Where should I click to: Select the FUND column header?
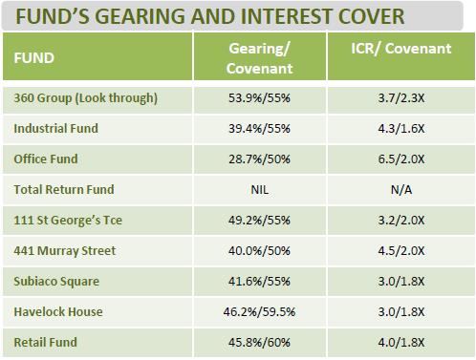pos(34,57)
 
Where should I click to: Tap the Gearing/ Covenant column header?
pos(260,57)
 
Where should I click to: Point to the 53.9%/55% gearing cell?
pos(260,97)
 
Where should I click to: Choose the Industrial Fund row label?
pos(55,128)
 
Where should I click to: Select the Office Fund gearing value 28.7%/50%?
pos(260,159)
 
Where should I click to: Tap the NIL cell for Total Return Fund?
pos(260,189)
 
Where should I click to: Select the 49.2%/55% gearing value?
pos(260,220)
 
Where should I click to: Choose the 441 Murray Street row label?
pos(64,251)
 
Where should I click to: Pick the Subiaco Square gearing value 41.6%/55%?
pos(260,282)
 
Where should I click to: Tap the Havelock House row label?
pos(58,311)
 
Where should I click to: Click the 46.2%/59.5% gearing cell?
pos(260,311)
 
